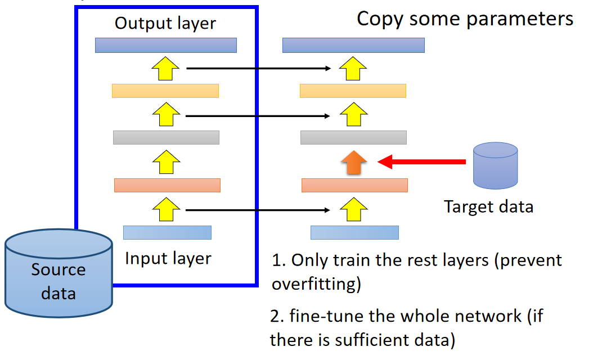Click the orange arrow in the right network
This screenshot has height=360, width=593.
[353, 163]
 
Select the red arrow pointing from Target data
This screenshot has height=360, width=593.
[422, 162]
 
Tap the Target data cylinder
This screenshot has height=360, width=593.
[495, 165]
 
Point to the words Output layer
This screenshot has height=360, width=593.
[165, 23]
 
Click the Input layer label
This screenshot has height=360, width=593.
[168, 258]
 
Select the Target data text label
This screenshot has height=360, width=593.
[488, 206]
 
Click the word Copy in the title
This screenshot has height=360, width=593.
[380, 19]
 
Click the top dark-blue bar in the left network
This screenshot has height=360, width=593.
[166, 45]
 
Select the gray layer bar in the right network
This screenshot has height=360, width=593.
[353, 137]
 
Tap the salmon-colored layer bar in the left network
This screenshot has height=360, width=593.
[167, 185]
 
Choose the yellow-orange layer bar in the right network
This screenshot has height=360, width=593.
[353, 91]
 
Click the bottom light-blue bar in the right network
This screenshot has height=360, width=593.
[354, 232]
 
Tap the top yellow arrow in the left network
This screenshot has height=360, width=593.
[165, 70]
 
